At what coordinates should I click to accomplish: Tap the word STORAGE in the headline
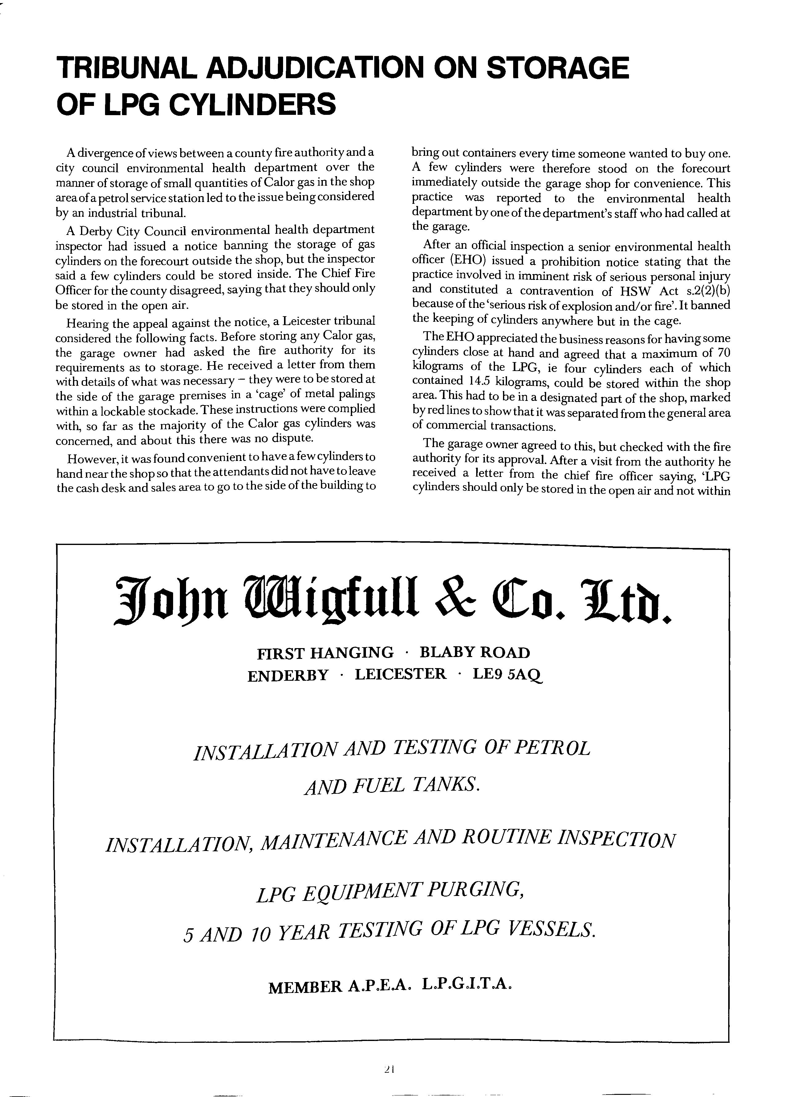(557, 68)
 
